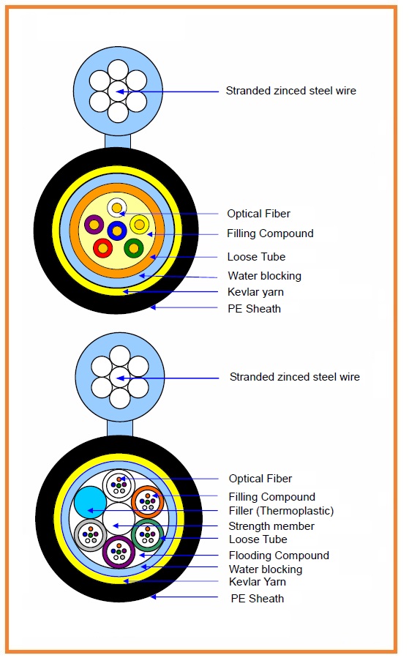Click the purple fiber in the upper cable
click(94, 225)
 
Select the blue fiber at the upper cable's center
click(117, 231)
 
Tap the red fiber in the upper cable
click(102, 248)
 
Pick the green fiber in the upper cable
click(134, 248)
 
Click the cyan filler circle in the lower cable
click(90, 502)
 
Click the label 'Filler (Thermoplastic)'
click(281, 511)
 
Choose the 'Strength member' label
click(271, 526)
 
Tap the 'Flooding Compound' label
click(279, 556)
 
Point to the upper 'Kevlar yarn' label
click(255, 292)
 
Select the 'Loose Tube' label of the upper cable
click(256, 256)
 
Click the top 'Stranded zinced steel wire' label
click(290, 91)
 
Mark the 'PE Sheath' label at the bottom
click(257, 599)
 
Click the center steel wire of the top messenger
click(118, 91)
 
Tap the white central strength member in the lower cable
click(119, 519)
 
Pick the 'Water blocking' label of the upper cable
click(265, 276)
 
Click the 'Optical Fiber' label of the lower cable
click(260, 479)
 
